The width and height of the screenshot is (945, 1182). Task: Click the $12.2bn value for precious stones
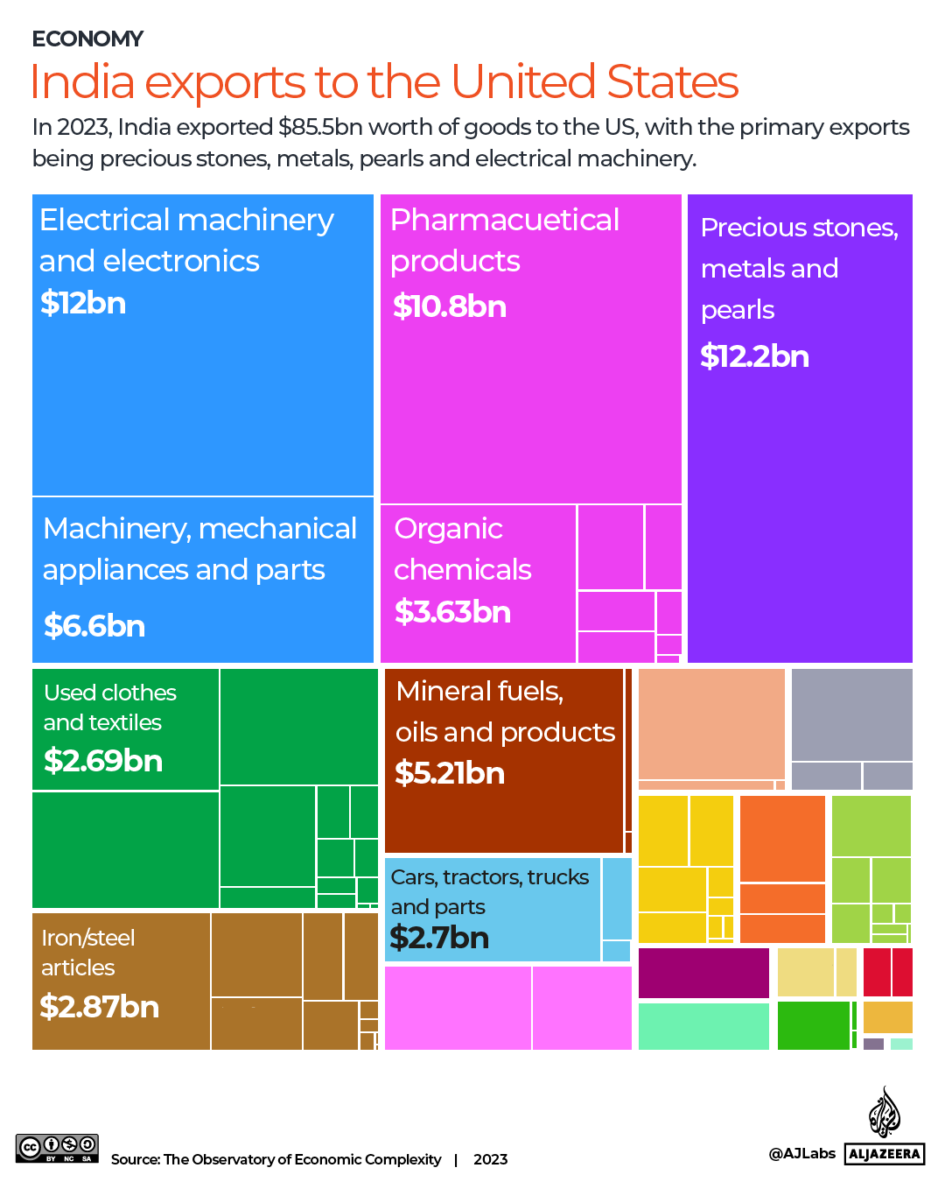(754, 356)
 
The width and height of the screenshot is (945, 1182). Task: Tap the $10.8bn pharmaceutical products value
(449, 306)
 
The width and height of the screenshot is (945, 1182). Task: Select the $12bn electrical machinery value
(83, 303)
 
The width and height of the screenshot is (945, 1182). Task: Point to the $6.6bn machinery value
(94, 626)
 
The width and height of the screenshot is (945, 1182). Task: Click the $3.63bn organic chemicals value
(452, 612)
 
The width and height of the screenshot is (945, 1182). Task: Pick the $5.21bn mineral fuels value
(450, 773)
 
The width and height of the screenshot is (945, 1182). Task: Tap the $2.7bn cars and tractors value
(439, 938)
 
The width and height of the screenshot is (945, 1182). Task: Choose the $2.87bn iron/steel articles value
(100, 1007)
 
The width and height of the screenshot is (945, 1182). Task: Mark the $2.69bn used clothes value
(103, 761)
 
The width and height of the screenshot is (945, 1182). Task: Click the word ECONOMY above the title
(87, 39)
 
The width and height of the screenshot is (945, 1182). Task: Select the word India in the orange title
(82, 82)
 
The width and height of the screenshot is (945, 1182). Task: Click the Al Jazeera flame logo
(884, 1113)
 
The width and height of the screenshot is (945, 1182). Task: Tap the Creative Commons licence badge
(57, 1147)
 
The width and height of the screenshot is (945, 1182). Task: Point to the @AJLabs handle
(801, 1153)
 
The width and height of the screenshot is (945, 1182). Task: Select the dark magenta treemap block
(703, 973)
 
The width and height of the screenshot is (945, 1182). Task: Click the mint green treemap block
(703, 1026)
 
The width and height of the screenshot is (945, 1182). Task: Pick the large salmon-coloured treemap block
(711, 723)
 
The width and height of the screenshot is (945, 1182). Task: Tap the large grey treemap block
(851, 714)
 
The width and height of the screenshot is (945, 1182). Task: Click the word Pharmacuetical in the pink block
(505, 220)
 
